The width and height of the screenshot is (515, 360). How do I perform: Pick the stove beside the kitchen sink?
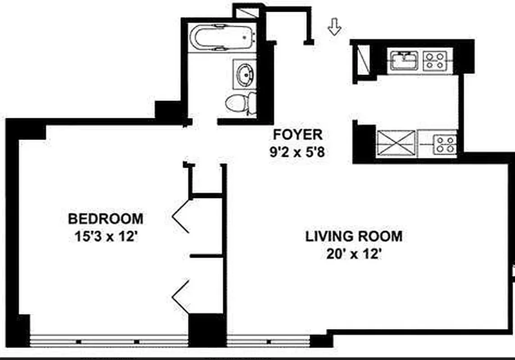[435, 60]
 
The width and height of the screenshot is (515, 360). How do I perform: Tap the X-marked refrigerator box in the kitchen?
[396, 144]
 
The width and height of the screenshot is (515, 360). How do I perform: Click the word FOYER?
[298, 134]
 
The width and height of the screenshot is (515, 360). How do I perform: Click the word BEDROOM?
[105, 219]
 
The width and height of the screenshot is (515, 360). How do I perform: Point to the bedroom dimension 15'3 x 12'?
[105, 236]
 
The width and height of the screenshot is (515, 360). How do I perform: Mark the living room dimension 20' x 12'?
[354, 254]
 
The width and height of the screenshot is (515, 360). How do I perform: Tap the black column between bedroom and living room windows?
[206, 331]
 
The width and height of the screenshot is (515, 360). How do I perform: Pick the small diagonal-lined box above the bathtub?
[248, 12]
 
